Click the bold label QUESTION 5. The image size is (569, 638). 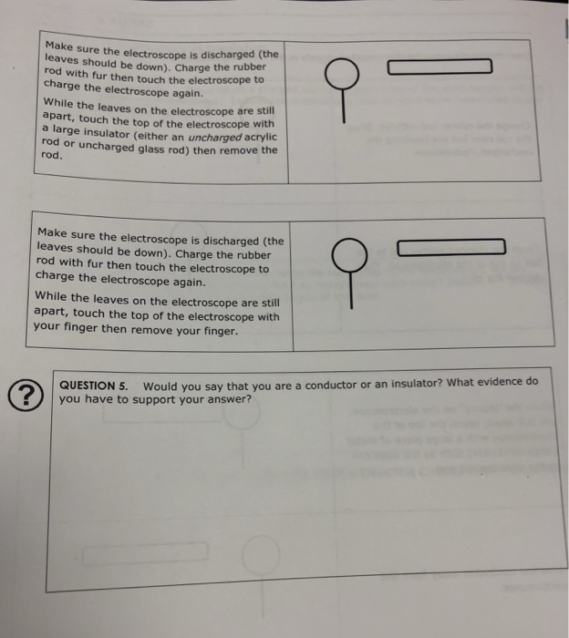coord(93,384)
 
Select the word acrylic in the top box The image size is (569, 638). coord(254,136)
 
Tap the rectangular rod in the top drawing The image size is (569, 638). coord(440,66)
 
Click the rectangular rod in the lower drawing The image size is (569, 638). coord(450,246)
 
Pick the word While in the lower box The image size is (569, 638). coord(50,297)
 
